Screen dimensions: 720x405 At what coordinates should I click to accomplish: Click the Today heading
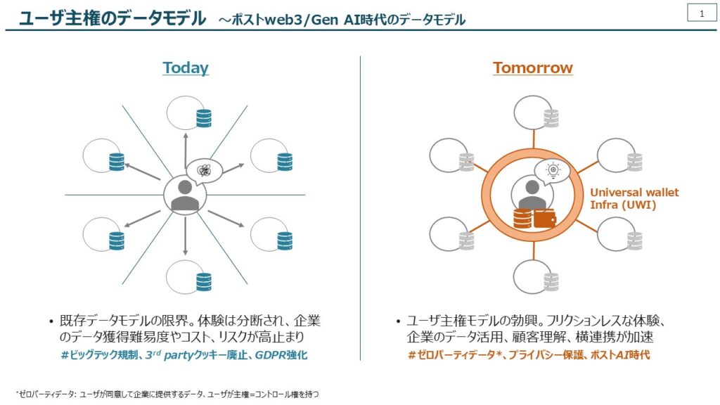click(x=186, y=67)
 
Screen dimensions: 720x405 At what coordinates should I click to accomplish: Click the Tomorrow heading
click(x=533, y=67)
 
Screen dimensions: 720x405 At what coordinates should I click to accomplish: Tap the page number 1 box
click(x=702, y=13)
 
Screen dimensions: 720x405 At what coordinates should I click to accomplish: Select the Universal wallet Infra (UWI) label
click(x=634, y=198)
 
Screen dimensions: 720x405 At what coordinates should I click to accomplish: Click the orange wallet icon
click(x=545, y=219)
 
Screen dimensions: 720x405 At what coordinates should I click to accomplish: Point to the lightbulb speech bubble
click(x=552, y=172)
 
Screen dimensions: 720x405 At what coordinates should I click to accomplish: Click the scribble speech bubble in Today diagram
click(x=204, y=172)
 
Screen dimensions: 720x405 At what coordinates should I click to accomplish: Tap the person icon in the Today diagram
click(x=185, y=195)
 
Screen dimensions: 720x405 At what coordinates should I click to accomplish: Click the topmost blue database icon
click(x=204, y=118)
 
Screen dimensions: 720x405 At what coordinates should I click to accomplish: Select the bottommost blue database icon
click(x=204, y=282)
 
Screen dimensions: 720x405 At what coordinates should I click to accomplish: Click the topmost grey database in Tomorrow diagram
click(x=551, y=118)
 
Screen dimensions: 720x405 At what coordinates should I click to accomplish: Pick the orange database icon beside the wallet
click(x=522, y=219)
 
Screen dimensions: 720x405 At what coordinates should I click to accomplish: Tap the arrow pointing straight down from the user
click(x=186, y=236)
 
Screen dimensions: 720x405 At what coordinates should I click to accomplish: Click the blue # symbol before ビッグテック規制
click(x=65, y=355)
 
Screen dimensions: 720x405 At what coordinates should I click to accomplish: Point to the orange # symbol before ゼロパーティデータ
click(x=412, y=355)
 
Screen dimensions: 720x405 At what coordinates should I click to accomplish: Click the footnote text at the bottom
click(x=167, y=394)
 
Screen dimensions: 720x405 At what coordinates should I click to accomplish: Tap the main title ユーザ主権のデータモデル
click(x=112, y=18)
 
